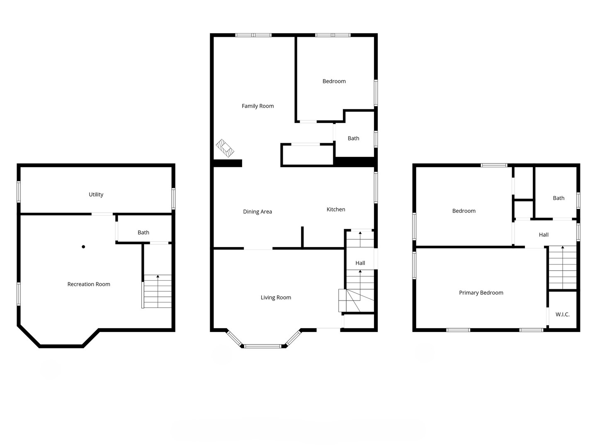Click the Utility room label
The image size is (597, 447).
coord(96,195)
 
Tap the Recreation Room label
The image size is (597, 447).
coord(89,284)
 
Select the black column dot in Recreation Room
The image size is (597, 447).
coord(83,247)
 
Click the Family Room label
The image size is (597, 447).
coord(257,106)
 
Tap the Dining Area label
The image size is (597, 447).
coord(257,212)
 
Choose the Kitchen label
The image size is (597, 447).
coord(335,209)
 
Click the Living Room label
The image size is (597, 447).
coord(276,298)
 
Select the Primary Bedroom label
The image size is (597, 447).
coord(481,293)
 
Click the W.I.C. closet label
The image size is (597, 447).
coord(562,315)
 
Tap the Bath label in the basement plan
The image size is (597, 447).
coord(143,233)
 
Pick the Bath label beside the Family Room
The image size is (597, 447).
coord(353,139)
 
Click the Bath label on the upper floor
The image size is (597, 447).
coord(558,198)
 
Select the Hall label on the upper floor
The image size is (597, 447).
coord(544,235)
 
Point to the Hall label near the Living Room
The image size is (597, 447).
coord(360,263)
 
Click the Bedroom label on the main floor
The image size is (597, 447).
coord(334,82)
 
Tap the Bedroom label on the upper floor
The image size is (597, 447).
coord(464,211)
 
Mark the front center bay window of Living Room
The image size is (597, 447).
coord(262,346)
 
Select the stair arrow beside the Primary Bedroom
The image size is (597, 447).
coord(563,248)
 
